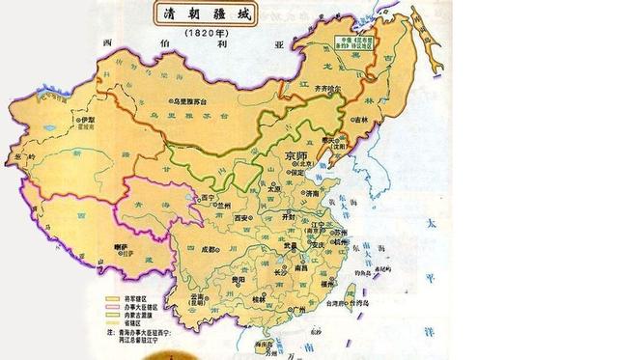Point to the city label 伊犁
click(x=90, y=121)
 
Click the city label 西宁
click(x=206, y=199)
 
